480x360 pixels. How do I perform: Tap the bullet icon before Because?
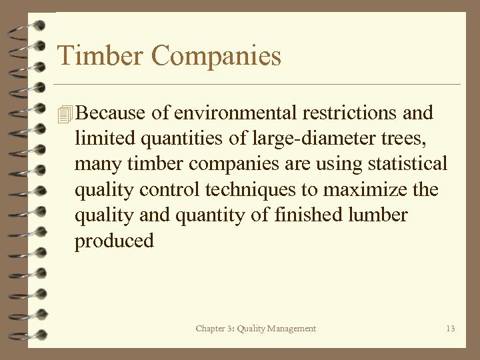coord(64,114)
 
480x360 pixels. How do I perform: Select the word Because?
coord(112,113)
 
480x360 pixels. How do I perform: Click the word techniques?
coord(251,190)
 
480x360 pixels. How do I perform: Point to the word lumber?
coord(383,215)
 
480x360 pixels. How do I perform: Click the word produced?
coord(114,241)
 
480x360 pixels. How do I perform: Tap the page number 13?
coord(451,329)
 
